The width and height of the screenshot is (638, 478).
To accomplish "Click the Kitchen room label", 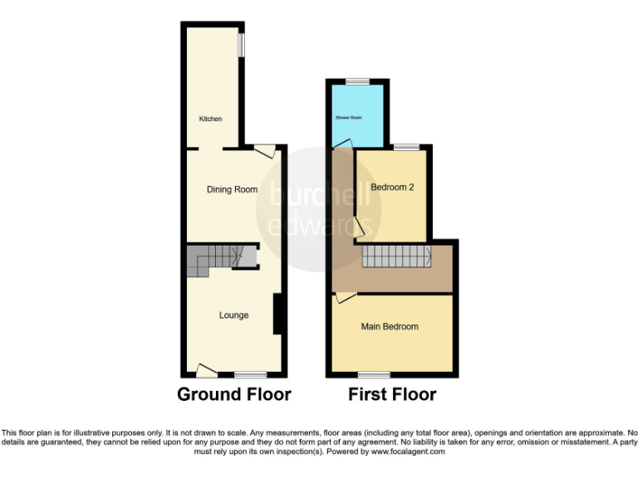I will tap(210, 119).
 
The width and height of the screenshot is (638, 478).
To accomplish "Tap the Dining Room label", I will tap(232, 190).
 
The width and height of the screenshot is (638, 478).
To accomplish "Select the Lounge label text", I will tap(233, 315).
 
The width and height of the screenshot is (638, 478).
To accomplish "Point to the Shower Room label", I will tap(349, 118).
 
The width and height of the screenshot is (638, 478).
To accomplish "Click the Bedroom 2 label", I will tap(392, 188).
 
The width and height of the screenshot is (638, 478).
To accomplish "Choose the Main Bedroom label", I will tap(390, 327).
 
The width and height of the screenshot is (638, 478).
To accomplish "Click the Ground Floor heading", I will tap(234, 394).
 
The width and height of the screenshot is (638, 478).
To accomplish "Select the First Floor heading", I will tap(392, 394).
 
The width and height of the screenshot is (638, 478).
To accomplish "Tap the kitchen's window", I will tap(242, 45).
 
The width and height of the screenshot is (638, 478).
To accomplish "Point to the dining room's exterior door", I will tap(264, 151).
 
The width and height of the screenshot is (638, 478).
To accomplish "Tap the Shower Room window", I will tap(358, 81).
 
